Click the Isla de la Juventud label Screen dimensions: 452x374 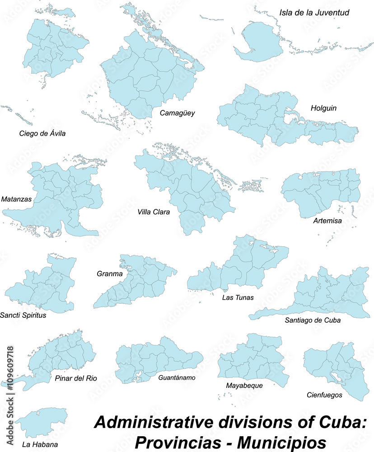(314, 12)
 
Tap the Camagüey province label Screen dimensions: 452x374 (177, 113)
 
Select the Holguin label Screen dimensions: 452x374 (323, 108)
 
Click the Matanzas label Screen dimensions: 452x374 (16, 199)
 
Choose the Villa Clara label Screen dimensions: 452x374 (154, 211)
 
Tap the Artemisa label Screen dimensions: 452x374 (327, 221)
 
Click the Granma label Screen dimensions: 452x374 (109, 273)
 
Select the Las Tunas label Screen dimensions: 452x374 (238, 297)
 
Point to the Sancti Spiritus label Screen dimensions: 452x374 (23, 315)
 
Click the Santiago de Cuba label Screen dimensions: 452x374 (313, 320)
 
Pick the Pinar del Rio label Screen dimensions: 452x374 (75, 378)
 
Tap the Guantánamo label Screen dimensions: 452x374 (177, 377)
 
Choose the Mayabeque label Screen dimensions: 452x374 (244, 386)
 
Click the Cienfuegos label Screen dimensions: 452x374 (323, 395)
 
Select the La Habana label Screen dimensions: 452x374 (40, 445)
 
